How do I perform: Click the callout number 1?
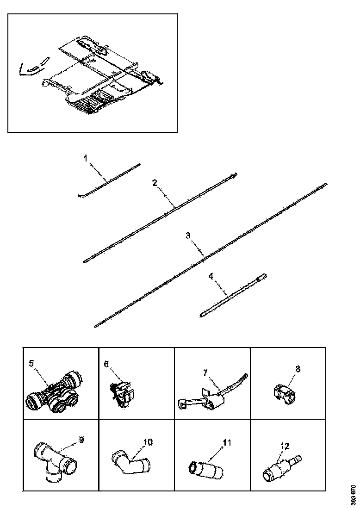tap(86, 158)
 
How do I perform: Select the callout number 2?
tap(155, 183)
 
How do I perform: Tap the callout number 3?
tap(188, 236)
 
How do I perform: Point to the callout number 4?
tap(211, 276)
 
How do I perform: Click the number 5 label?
tap(31, 363)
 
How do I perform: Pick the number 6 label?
tap(106, 364)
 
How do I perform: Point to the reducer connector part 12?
tap(280, 467)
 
